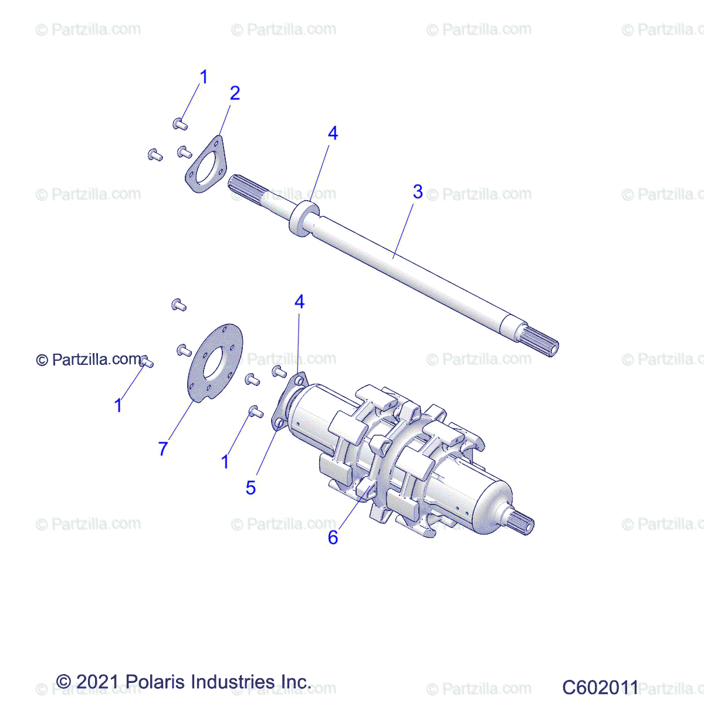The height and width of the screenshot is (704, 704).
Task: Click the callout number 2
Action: coord(235,93)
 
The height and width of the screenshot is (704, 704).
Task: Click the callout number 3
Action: coord(418,192)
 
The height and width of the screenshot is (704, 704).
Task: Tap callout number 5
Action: coord(251,488)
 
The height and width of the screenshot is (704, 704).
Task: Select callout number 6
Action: coord(333,537)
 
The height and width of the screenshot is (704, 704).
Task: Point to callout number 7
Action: coord(163,449)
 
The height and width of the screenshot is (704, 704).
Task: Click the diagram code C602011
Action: coord(600,687)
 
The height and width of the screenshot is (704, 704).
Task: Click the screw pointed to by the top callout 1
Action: coord(180,124)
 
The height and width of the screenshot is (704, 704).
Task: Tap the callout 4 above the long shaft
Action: coord(333,133)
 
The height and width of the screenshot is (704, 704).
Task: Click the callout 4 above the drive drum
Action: coord(299,302)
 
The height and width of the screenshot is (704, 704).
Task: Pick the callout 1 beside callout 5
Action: coord(225,462)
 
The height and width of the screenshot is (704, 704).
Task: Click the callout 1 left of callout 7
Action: coord(119,405)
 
